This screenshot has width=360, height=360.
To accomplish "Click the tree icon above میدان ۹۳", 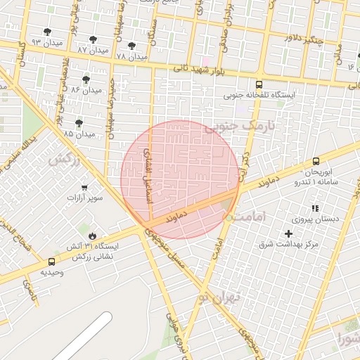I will click(47, 32).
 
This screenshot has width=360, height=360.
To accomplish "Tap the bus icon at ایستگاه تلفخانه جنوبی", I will click(259, 84).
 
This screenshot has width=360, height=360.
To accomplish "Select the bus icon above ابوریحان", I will click(316, 161).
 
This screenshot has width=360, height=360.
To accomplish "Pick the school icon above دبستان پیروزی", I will click(315, 208).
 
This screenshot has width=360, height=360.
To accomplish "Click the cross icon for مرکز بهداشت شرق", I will click(288, 233).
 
